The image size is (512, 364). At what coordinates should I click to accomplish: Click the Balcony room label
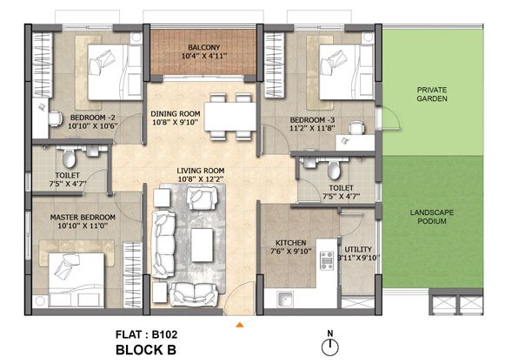click(x=204, y=47)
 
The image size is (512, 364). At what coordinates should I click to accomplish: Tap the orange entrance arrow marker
click(x=240, y=325)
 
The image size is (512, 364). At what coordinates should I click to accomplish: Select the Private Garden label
click(x=432, y=94)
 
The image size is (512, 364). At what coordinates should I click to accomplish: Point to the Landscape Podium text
click(x=432, y=217)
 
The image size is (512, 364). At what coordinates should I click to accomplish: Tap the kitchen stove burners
click(x=327, y=260)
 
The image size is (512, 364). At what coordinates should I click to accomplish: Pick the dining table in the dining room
click(x=230, y=117)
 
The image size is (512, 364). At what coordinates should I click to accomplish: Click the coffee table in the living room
click(x=203, y=245)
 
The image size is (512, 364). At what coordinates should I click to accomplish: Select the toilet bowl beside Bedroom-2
click(x=70, y=158)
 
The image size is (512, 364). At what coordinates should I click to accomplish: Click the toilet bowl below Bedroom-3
click(x=334, y=169)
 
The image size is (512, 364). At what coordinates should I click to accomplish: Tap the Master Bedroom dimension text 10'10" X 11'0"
click(x=83, y=226)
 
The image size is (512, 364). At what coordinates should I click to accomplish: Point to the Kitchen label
click(x=290, y=243)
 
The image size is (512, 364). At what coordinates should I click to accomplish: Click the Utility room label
click(x=358, y=249)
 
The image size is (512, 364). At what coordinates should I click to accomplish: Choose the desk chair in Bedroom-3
click(x=356, y=128)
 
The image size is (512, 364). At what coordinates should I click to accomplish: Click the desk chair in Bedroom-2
click(x=55, y=118)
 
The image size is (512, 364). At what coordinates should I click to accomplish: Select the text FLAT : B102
click(x=147, y=334)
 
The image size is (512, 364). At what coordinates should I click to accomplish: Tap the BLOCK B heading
click(x=146, y=350)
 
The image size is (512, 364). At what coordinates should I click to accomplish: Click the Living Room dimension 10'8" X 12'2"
click(x=201, y=179)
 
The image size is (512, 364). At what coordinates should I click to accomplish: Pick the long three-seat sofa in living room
click(x=163, y=245)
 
